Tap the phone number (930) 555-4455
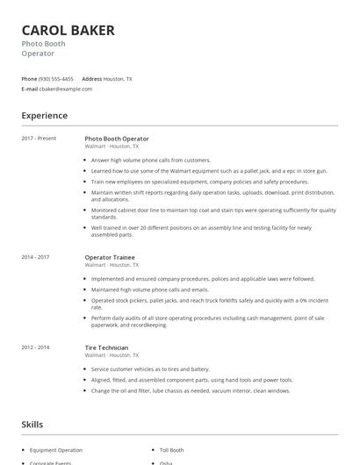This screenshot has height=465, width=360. tap(57, 79)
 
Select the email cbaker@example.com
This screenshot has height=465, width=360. tap(67, 89)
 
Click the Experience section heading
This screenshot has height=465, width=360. tap(45, 115)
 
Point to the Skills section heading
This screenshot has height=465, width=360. tap(32, 424)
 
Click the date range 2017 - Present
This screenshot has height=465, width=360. tap(39, 139)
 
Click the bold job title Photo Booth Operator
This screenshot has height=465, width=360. tap(117, 139)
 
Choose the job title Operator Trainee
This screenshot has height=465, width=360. tap(110, 257)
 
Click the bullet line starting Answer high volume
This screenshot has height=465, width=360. tap(150, 161)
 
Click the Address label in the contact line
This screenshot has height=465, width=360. tap(91, 79)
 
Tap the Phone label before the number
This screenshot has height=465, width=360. tap(29, 79)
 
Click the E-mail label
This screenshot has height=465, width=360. tap(30, 89)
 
